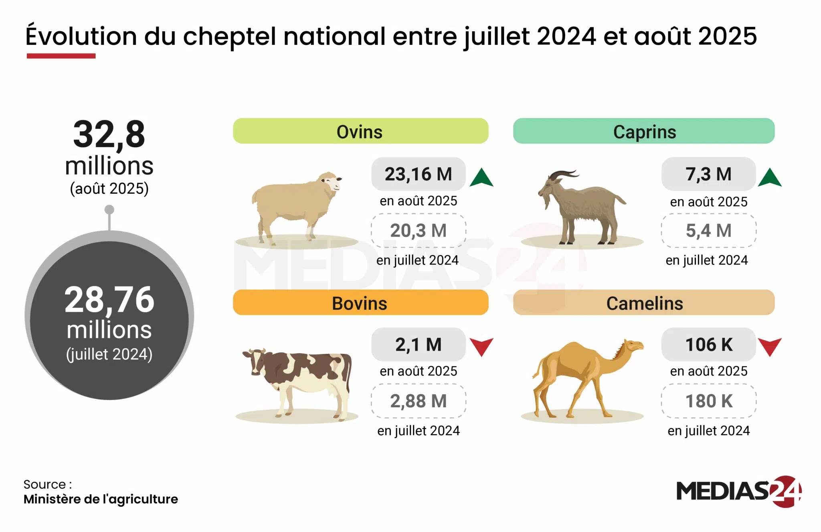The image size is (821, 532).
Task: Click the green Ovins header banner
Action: pos(360,131)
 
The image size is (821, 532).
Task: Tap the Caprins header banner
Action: pos(643,131)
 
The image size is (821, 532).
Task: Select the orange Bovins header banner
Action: pos(360,303)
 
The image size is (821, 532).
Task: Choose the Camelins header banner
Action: pos(643,303)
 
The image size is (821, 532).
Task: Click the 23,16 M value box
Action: pos(418,174)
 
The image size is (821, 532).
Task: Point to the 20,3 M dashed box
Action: pos(418,231)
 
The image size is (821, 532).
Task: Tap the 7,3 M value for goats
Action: pos(708,174)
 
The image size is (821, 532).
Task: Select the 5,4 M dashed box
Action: pos(708,231)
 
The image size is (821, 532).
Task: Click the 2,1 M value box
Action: pos(418,345)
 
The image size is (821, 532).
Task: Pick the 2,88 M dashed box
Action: pos(418,401)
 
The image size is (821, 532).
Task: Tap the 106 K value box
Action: pos(708,345)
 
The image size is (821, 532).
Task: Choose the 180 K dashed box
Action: pos(708,401)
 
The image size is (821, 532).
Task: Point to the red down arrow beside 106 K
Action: pos(769,346)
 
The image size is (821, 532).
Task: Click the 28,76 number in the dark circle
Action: pos(109,300)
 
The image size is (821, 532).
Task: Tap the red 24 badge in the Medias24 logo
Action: pos(785,491)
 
